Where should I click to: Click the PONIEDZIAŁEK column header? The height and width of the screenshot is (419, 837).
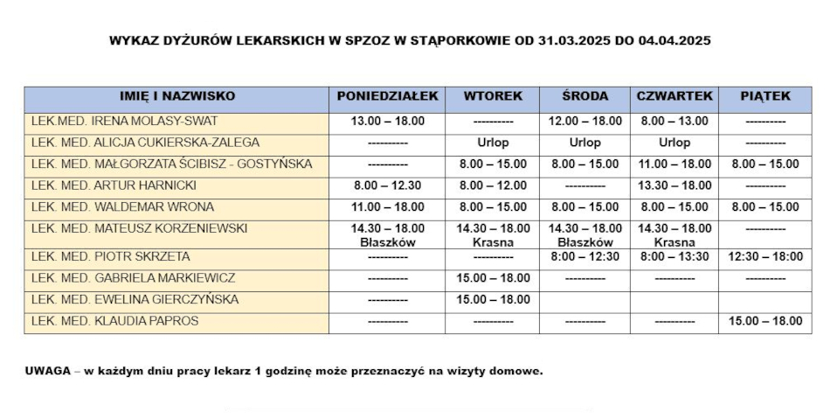pos(387,96)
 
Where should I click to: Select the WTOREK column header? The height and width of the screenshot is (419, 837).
pos(493,96)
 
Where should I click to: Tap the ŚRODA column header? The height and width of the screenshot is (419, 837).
pos(585,96)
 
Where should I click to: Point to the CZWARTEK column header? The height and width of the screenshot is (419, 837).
pos(674,96)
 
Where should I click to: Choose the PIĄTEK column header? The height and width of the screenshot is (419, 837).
pos(764,96)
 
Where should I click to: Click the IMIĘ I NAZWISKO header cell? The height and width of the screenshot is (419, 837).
pos(176,96)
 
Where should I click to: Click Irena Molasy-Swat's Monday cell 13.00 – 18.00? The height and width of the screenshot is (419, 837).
pos(387,121)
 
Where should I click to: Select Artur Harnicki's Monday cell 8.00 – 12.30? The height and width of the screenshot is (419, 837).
pos(387,185)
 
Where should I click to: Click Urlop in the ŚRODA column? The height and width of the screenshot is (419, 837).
pos(585,143)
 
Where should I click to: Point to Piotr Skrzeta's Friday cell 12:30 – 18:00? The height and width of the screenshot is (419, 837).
pos(764,256)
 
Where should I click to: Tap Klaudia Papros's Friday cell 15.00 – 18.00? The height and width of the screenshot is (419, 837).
pos(764,321)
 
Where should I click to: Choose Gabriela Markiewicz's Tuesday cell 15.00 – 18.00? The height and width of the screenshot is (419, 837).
pos(493,278)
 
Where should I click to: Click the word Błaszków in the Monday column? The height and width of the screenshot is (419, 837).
pos(387,242)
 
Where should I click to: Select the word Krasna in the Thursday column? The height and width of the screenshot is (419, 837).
pos(674,242)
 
